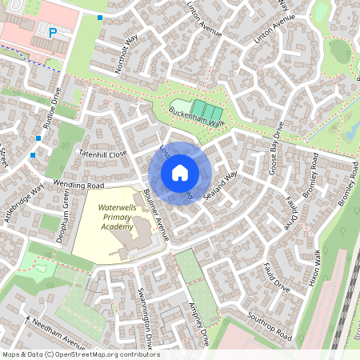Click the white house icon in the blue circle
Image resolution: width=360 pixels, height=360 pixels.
(x=180, y=173)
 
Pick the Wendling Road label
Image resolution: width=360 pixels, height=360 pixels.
(x=80, y=185)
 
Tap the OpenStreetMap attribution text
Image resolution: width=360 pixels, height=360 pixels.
(x=81, y=354)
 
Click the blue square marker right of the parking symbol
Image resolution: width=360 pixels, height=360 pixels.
(x=100, y=18)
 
